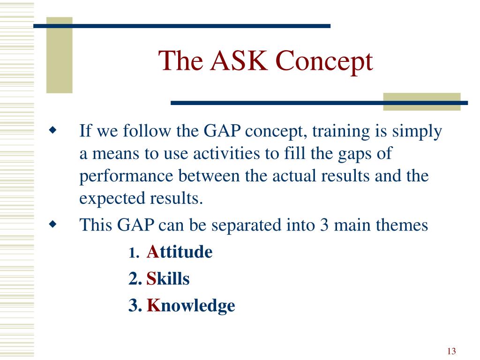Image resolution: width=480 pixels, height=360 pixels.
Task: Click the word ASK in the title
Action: pos(239,60)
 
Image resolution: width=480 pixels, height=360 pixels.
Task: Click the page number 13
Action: pos(451,351)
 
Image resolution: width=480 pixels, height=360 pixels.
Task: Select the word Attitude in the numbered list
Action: pos(180,252)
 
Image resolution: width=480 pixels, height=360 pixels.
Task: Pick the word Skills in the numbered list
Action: pos(168,278)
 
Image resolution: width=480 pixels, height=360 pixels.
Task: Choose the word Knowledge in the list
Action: pos(191,306)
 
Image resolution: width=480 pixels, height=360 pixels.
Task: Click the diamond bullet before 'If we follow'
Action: pos(52,130)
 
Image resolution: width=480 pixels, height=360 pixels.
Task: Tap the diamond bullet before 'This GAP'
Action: pos(52,225)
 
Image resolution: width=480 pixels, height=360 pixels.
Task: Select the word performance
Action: pos(127,177)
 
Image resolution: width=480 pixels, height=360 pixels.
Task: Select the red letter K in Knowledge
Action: pos(154,305)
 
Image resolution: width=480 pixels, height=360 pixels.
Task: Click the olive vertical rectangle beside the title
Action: pos(60,55)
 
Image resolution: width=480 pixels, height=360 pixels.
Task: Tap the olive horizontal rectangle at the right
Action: pos(422,102)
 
